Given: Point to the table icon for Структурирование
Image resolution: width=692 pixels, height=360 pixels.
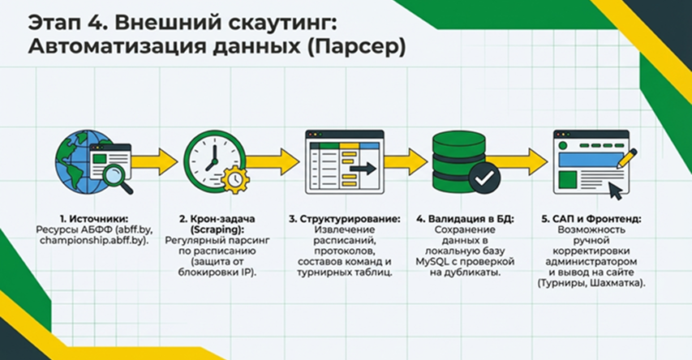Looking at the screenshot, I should (342, 161).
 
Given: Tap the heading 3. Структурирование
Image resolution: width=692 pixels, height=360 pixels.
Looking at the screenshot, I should (345, 219).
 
